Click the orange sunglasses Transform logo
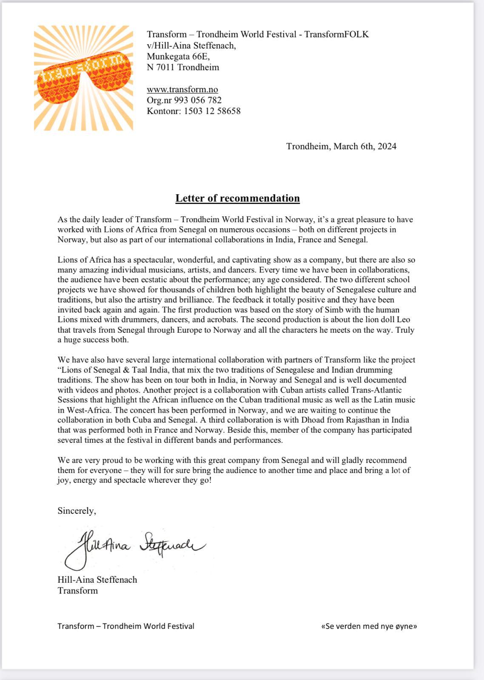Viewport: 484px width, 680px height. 83,78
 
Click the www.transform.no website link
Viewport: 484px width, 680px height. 182,89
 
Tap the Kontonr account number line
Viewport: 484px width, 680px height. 194,111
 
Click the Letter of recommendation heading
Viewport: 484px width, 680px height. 238,198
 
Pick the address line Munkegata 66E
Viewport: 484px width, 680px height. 178,56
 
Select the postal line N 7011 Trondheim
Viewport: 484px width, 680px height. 183,67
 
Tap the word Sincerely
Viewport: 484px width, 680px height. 77,511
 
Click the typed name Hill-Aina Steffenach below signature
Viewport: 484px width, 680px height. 97,580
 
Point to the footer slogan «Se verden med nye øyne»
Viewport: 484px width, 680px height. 369,626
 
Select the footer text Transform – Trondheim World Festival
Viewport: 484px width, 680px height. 126,626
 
